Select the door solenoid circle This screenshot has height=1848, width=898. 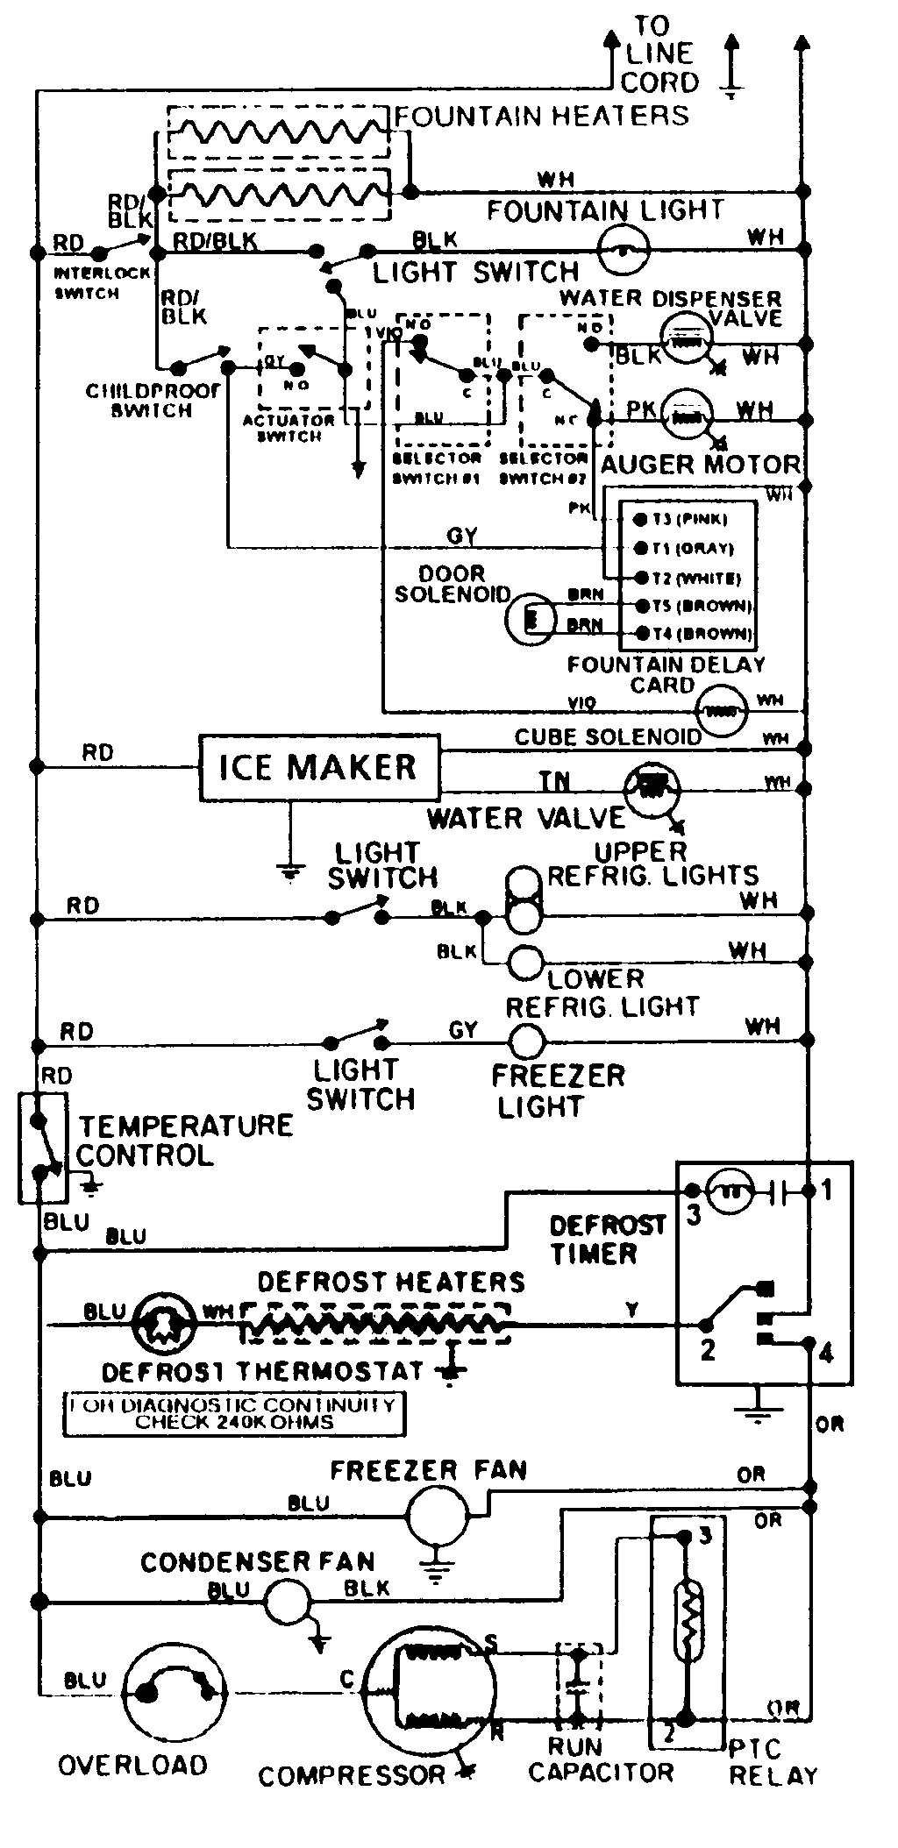(x=531, y=620)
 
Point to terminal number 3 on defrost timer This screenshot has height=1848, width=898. (x=693, y=1215)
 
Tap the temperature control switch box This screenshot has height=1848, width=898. (x=42, y=1148)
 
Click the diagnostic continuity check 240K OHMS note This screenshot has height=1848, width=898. (x=233, y=1413)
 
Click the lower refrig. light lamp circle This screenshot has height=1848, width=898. (x=525, y=963)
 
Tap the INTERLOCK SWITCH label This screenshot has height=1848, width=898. (x=88, y=282)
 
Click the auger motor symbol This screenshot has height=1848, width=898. (x=687, y=416)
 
